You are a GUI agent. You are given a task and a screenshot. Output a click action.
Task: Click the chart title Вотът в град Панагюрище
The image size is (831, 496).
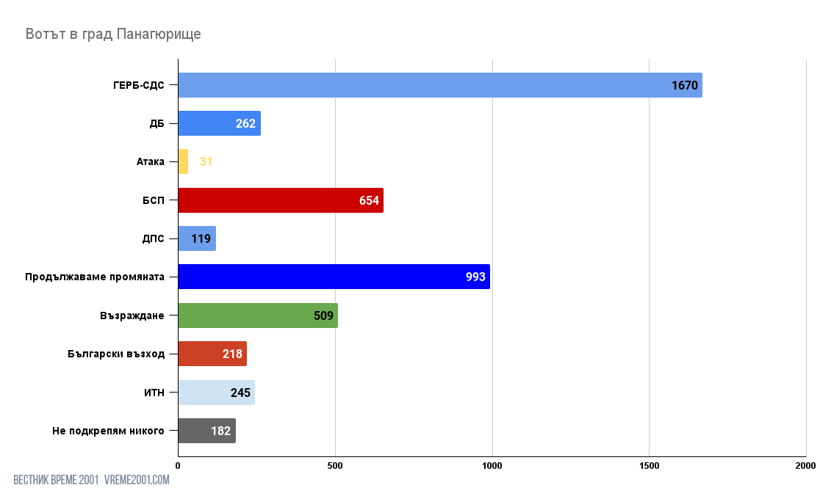click(113, 34)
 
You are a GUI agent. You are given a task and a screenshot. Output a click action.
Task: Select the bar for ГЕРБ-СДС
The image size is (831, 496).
click(439, 85)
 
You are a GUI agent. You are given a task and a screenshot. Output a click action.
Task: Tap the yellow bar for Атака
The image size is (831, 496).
click(183, 161)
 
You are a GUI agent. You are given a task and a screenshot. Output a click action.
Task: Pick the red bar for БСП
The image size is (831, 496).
click(281, 200)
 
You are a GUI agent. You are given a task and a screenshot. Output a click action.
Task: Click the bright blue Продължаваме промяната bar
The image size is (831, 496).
click(334, 277)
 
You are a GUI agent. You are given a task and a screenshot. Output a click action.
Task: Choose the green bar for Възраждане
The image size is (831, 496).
click(258, 316)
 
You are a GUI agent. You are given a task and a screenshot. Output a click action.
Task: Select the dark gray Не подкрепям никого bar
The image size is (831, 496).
click(206, 431)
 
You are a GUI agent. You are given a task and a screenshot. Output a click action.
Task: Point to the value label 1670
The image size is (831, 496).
click(684, 85)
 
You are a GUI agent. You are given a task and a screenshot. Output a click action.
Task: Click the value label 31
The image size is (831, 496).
click(206, 161)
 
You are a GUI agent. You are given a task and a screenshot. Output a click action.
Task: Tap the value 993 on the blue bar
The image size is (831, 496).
click(475, 277)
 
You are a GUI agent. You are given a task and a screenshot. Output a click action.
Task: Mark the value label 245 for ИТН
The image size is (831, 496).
click(240, 393)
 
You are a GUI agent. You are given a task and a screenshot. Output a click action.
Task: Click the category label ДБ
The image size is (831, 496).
click(157, 123)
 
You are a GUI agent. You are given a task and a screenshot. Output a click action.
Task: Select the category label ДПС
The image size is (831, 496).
click(154, 238)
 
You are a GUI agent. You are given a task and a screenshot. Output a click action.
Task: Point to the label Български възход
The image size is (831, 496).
click(115, 354)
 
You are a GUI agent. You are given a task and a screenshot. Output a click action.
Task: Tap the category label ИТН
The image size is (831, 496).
click(154, 393)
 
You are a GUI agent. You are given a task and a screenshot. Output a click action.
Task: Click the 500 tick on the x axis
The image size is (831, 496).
click(335, 465)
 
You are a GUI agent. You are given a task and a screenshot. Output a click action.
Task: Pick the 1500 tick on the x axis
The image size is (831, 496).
click(649, 465)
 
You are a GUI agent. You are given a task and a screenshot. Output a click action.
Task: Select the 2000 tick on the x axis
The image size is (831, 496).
click(805, 465)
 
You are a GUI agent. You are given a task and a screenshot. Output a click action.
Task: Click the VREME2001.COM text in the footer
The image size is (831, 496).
click(137, 480)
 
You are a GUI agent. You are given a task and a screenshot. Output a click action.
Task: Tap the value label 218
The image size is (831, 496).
click(232, 354)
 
